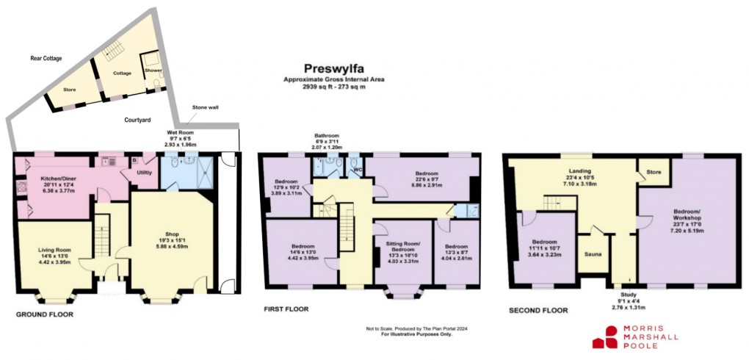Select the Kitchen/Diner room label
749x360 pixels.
(46, 181)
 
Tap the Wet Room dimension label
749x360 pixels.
(179, 140)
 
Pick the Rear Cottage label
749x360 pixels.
(46, 57)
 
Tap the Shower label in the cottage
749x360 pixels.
(153, 71)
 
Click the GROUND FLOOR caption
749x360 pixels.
(45, 314)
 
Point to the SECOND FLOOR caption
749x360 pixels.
(538, 310)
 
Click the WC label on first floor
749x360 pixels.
(357, 172)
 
